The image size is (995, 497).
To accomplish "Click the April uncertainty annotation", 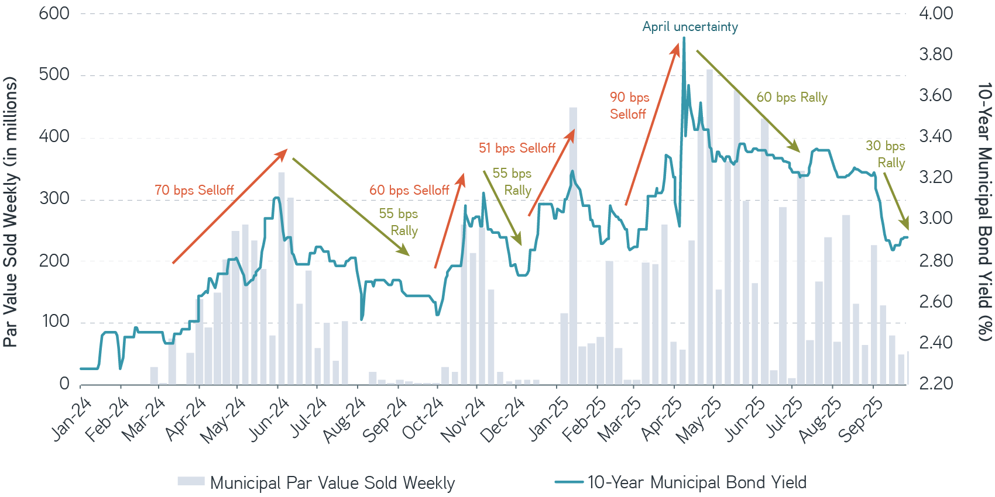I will (x=690, y=27).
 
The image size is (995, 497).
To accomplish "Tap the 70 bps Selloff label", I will (x=194, y=190).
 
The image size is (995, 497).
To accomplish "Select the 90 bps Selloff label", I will (x=629, y=106).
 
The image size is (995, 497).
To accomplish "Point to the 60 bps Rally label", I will (x=792, y=97).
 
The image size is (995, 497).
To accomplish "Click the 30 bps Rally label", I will (x=886, y=154).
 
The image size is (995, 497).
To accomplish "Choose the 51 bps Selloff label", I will (x=517, y=148).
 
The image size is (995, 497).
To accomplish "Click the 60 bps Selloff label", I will (x=409, y=190).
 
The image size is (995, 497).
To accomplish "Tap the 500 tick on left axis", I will (x=54, y=75).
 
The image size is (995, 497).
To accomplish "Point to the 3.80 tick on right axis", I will (x=936, y=54).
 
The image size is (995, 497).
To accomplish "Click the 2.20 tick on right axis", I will (x=936, y=384).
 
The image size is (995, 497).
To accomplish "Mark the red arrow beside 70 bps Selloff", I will (x=229, y=206).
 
